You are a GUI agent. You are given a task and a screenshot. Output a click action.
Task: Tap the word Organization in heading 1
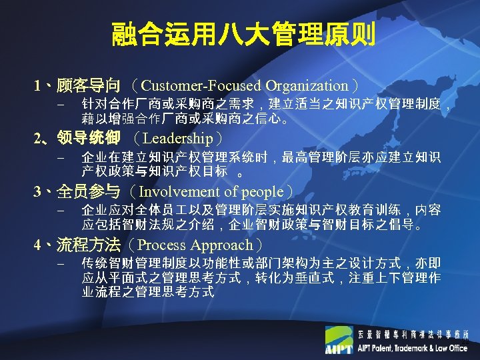[306, 86]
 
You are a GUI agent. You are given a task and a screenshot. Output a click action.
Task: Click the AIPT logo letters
[338, 349]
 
